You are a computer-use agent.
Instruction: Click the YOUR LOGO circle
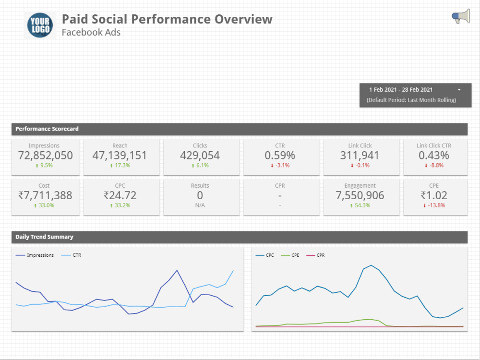click(x=40, y=25)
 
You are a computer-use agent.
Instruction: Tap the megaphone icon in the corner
click(x=461, y=17)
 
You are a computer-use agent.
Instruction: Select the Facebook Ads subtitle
click(x=91, y=33)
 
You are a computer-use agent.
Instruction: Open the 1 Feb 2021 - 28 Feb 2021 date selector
click(x=415, y=90)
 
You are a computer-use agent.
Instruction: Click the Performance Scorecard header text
click(x=47, y=129)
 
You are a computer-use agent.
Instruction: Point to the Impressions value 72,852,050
click(x=46, y=156)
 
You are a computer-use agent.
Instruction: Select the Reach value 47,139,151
click(x=120, y=156)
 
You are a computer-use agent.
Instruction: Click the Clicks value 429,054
click(x=200, y=156)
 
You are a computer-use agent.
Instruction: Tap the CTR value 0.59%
click(x=280, y=156)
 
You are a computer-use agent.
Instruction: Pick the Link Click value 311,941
click(x=360, y=156)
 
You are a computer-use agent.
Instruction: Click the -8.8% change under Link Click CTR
click(x=434, y=165)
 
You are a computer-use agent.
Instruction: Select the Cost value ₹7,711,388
click(x=45, y=195)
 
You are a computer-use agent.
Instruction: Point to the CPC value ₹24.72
click(x=120, y=195)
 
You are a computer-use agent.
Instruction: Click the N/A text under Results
click(x=200, y=205)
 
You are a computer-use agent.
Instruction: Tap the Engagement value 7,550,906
click(x=360, y=195)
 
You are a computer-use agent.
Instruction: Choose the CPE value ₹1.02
click(x=434, y=195)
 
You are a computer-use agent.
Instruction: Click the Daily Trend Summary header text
click(x=44, y=237)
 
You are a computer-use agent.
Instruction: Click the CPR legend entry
click(x=320, y=255)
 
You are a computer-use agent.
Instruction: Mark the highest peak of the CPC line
click(x=371, y=265)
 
